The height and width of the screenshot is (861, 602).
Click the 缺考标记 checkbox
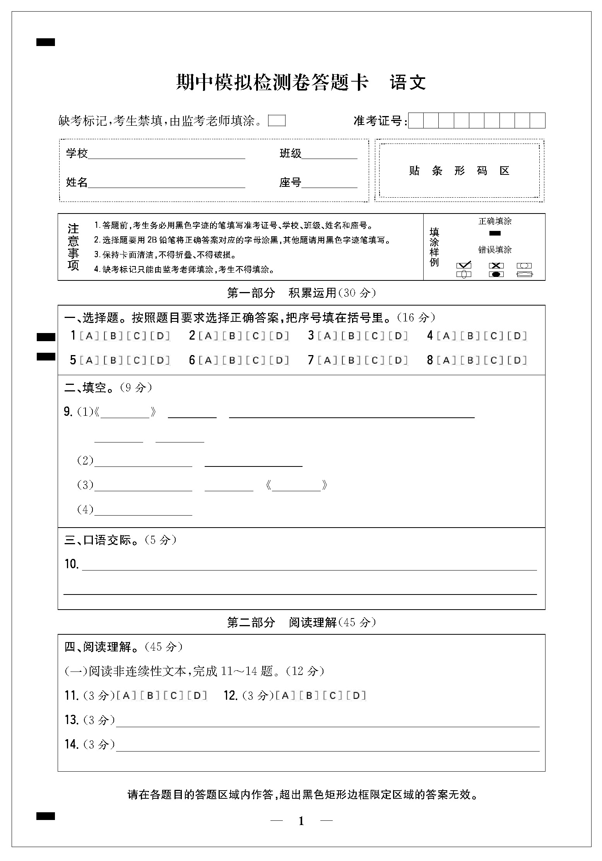(x=277, y=121)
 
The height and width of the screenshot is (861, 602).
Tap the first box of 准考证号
(x=416, y=121)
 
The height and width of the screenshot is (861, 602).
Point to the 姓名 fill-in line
(x=166, y=184)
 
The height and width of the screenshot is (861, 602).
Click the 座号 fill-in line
(x=329, y=184)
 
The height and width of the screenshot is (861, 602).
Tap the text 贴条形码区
(x=459, y=171)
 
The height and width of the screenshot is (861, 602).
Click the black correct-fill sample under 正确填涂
(x=495, y=233)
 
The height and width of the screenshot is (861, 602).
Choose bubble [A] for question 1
(x=89, y=336)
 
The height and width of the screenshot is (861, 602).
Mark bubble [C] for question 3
(x=375, y=336)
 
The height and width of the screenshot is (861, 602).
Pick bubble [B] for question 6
(x=232, y=360)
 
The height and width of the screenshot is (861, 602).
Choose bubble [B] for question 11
(x=150, y=696)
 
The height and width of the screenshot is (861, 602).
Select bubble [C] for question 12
(x=333, y=696)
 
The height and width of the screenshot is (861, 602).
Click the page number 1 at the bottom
(x=301, y=821)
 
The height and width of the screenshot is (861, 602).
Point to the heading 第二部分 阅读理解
(x=301, y=622)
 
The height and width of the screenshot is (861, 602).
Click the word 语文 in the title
(x=408, y=82)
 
